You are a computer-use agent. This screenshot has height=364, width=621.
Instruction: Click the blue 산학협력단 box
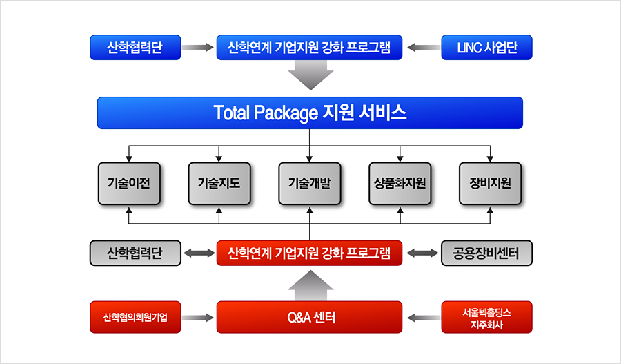135,48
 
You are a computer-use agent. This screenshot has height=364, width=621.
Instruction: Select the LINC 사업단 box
486,48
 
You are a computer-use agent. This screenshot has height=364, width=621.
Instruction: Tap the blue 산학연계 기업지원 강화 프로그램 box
309,48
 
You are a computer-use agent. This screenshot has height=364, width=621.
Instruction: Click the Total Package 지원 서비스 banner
310,113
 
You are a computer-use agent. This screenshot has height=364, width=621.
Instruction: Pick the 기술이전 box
129,184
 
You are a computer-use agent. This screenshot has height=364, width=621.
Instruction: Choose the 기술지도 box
219,184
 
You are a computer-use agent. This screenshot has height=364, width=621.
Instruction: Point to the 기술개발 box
310,184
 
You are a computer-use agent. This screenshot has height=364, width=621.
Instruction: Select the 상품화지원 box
400,184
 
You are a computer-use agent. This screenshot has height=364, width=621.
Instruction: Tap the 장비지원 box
491,184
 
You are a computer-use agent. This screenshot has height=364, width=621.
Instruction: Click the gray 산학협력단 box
135,253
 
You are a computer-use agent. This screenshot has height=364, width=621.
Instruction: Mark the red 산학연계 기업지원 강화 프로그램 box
309,253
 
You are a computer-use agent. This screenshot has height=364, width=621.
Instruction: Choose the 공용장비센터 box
486,253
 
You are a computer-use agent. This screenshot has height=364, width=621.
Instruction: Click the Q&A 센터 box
309,317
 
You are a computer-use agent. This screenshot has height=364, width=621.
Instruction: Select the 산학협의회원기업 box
135,317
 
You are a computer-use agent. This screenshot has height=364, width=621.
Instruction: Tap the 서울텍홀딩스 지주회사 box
486,317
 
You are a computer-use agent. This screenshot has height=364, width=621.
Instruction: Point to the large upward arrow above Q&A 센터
310,285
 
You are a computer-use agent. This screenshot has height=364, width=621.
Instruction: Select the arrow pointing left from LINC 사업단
424,48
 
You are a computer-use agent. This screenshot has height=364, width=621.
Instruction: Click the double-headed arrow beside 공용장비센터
422,253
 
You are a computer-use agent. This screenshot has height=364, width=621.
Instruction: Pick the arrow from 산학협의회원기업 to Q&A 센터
197,318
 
